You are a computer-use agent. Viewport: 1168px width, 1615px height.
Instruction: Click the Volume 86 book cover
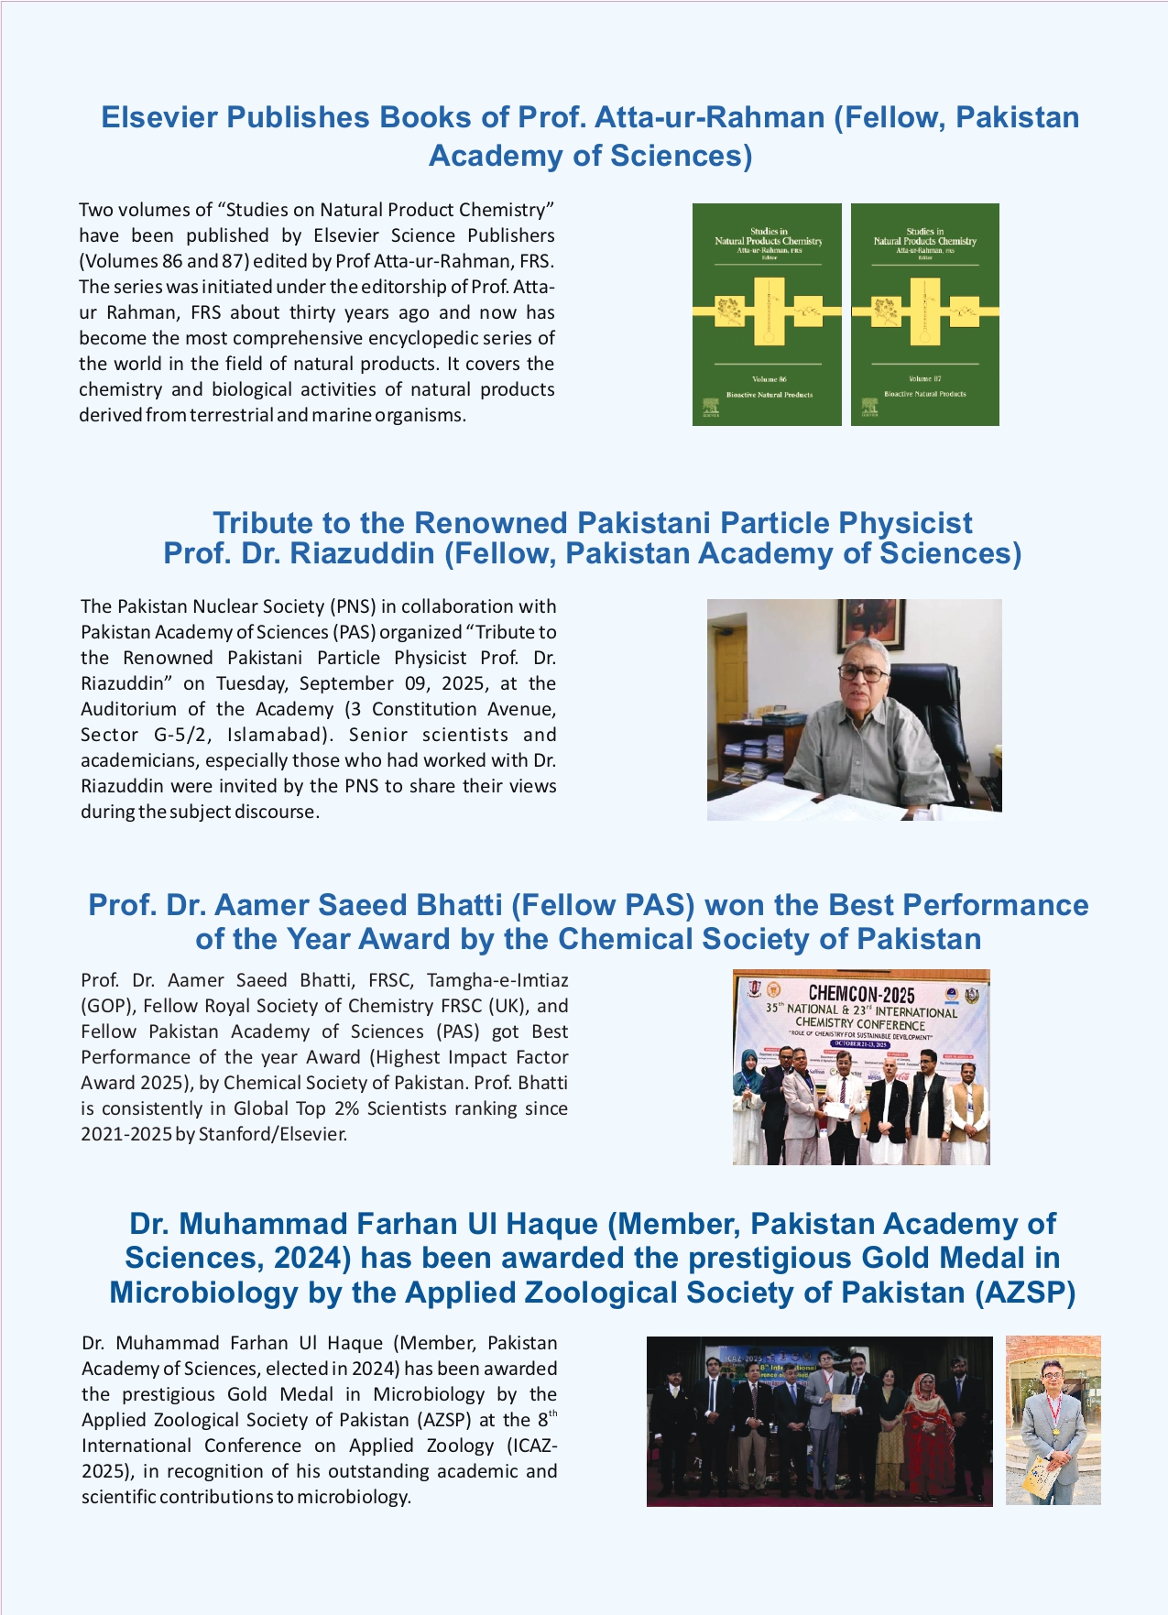tap(767, 314)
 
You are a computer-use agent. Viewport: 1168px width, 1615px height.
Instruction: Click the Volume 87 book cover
tap(924, 314)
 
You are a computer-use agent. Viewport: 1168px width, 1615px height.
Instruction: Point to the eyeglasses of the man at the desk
tap(862, 673)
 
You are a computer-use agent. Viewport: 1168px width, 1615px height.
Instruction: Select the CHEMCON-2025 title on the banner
tap(861, 993)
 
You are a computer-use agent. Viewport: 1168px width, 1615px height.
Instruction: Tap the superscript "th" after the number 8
tap(552, 1414)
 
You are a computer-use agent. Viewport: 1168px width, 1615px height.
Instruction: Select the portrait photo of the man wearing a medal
tap(1053, 1421)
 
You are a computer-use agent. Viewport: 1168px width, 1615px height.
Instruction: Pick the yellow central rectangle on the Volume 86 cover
tap(768, 311)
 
